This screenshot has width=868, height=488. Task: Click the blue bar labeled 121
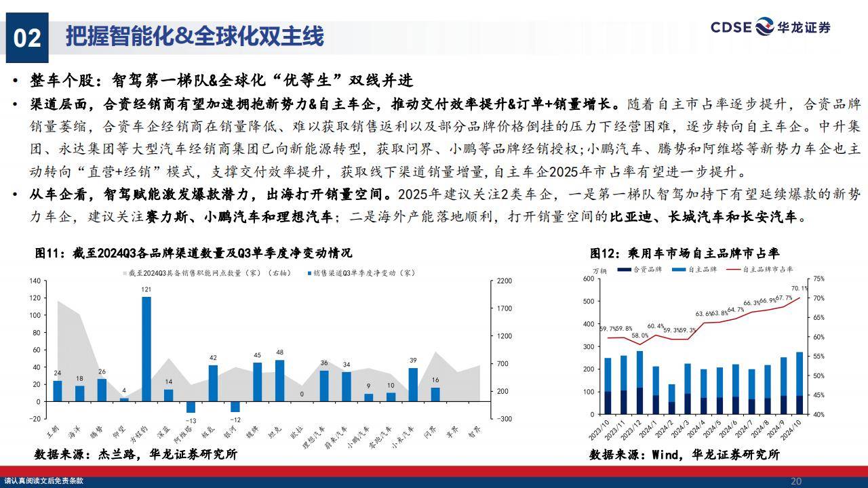[x=146, y=348]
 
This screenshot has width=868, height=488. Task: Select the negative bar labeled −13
[x=191, y=407]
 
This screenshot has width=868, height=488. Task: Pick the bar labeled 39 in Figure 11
[x=413, y=384]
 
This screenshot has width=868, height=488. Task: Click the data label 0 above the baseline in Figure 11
[x=302, y=394]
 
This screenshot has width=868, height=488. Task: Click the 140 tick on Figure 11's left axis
[x=35, y=281]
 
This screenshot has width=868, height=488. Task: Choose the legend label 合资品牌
[x=645, y=269]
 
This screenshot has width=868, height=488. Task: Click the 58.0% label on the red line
[x=639, y=335]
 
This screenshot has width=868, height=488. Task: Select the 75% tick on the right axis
[x=818, y=279]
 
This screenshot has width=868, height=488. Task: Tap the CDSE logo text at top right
[x=731, y=27]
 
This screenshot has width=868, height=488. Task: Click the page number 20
[x=796, y=481]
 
